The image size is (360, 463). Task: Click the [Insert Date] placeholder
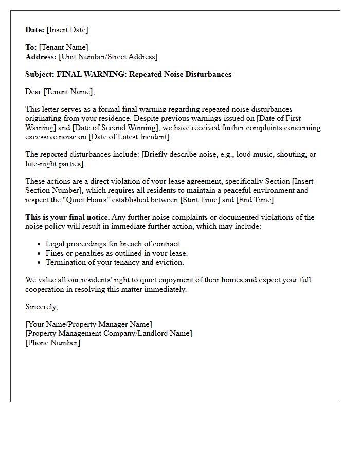(67, 30)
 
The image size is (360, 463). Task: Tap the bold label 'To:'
(31, 48)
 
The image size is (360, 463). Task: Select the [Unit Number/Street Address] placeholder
(108, 57)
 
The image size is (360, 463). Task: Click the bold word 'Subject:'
(40, 74)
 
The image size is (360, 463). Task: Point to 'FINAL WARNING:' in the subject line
(92, 74)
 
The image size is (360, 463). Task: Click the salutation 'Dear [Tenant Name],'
(60, 92)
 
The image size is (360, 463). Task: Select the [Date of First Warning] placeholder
(289, 118)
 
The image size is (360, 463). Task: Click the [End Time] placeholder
(255, 200)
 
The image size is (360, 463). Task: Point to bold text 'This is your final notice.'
(67, 217)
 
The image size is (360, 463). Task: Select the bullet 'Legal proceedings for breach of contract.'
(114, 244)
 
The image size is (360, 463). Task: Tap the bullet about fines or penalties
(117, 253)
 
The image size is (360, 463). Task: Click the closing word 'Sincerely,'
(42, 307)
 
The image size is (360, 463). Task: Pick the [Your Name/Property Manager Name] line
(88, 324)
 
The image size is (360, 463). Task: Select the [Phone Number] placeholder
(52, 343)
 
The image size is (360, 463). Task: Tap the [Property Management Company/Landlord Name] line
(109, 333)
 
